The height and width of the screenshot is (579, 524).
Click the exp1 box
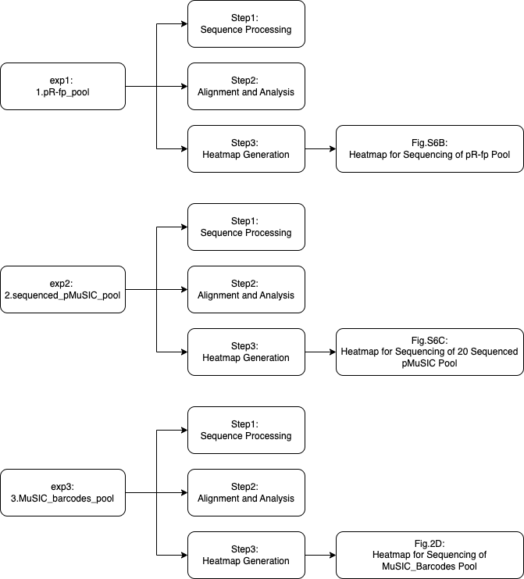pos(62,86)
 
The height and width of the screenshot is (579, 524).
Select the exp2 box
pos(62,289)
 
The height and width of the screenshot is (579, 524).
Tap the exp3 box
pos(62,492)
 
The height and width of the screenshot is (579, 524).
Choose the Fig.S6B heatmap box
pos(430,148)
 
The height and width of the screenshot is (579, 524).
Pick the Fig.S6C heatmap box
pos(430,352)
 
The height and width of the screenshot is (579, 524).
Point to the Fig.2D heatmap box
pos(430,555)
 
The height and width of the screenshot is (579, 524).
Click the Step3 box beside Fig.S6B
pos(246,148)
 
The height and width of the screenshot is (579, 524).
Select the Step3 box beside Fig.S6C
pos(246,352)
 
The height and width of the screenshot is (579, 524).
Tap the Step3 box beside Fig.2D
pos(246,555)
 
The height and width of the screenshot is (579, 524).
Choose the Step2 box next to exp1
pos(246,86)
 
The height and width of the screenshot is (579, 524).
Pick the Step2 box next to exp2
pos(246,289)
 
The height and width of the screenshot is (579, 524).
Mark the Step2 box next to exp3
pos(246,492)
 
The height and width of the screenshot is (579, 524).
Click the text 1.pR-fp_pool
pos(62,92)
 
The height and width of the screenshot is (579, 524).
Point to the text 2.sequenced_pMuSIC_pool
pos(62,295)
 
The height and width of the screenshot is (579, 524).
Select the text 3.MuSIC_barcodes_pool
pos(62,499)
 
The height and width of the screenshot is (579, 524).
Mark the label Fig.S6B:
pos(430,143)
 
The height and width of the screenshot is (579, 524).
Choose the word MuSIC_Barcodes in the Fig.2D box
pos(419,566)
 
